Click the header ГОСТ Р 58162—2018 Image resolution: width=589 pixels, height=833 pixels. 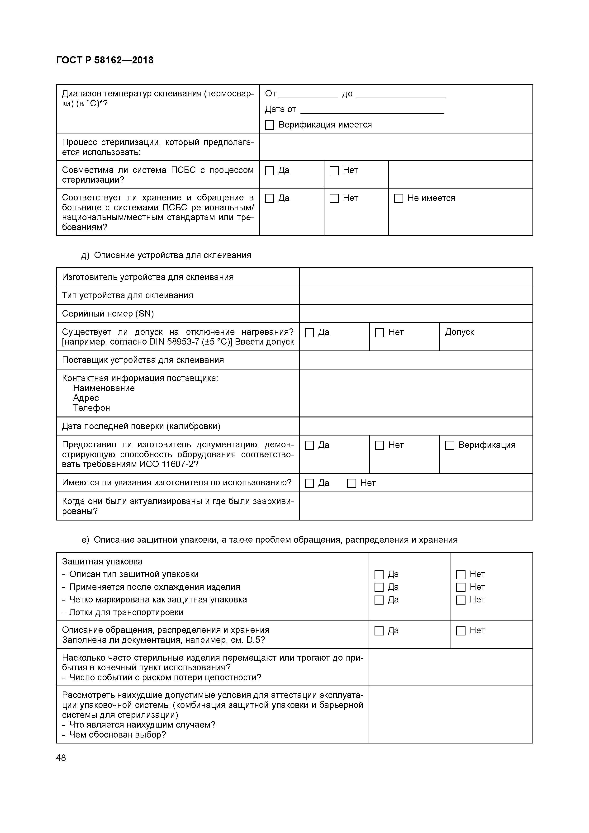(105, 60)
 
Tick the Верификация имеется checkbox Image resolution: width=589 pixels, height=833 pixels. (269, 125)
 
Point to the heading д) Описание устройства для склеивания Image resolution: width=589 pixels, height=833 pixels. (166, 256)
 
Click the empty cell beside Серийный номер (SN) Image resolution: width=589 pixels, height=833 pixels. (416, 313)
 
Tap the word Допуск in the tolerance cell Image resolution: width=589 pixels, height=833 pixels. (459, 332)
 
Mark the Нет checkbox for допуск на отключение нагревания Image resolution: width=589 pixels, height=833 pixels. (379, 333)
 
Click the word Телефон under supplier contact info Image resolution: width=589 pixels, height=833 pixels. (91, 408)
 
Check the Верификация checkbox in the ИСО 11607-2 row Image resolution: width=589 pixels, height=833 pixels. (450, 445)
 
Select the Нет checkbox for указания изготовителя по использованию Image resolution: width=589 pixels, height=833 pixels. (351, 483)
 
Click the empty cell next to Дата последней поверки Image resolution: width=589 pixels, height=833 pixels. (416, 426)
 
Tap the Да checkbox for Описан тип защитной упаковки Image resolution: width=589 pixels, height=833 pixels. (379, 575)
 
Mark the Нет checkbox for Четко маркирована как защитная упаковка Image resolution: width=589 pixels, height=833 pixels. (461, 600)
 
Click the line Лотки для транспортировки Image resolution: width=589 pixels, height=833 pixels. (126, 612)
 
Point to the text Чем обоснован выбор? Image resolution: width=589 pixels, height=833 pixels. (117, 735)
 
